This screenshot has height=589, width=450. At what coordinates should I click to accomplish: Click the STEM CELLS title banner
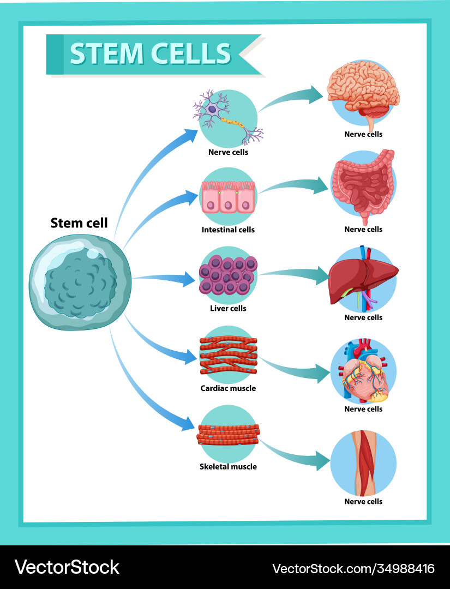tap(150, 53)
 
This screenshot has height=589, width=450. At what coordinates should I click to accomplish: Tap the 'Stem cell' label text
tap(79, 223)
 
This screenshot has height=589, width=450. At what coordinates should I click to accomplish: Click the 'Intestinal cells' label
tap(228, 230)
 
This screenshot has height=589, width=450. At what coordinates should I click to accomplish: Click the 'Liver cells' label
tap(228, 308)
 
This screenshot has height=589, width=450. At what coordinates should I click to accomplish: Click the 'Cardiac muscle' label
tap(228, 388)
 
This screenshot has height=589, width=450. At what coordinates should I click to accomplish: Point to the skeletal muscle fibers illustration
tap(228, 434)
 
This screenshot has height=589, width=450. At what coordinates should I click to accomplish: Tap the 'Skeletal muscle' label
tap(228, 466)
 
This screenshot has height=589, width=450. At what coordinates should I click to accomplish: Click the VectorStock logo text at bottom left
tap(67, 567)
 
